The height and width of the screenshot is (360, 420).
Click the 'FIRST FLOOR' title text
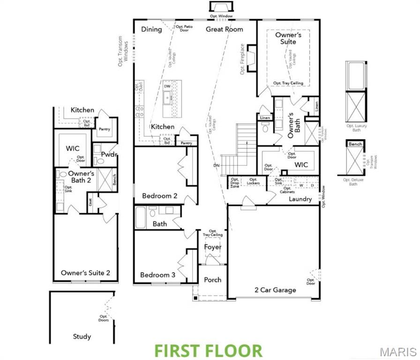(209, 351)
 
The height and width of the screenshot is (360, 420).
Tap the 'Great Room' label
(225, 29)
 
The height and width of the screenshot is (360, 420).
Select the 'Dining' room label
(151, 29)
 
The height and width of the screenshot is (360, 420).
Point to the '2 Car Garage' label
(275, 290)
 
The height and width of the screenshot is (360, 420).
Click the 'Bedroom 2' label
(159, 196)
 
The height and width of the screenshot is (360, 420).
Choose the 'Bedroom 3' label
(157, 275)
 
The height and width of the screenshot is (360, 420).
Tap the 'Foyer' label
(213, 247)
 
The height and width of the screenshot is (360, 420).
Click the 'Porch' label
(213, 280)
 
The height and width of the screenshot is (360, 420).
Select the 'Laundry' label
(300, 199)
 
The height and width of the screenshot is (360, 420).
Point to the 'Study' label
(82, 337)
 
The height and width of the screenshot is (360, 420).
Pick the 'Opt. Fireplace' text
(242, 59)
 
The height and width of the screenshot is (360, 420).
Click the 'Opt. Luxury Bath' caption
(357, 128)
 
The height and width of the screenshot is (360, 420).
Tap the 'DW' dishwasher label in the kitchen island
(167, 86)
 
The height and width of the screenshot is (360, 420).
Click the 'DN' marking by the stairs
(216, 165)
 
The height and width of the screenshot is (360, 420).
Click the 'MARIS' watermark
(398, 352)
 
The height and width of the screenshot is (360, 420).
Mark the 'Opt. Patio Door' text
(184, 29)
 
